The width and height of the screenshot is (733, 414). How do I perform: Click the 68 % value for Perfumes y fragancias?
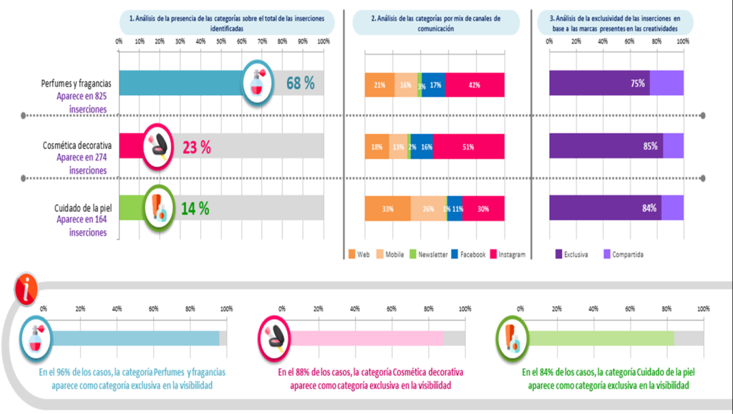point(300,83)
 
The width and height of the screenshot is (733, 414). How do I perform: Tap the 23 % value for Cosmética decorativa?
point(196,147)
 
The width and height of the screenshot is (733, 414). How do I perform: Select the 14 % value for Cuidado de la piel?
point(195,208)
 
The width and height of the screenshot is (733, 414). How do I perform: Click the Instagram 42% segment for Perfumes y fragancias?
point(475,85)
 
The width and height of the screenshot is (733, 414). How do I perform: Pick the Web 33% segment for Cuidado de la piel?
point(387,209)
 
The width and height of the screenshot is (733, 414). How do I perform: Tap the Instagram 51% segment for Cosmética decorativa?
point(469,147)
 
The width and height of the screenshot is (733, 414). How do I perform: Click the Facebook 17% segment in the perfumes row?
point(435,85)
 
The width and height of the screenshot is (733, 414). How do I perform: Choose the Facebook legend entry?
point(468,254)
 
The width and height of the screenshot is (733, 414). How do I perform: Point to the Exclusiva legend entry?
point(572,254)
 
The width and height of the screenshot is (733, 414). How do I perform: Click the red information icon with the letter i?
point(26,289)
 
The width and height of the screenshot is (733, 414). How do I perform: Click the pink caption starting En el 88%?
point(370,379)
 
